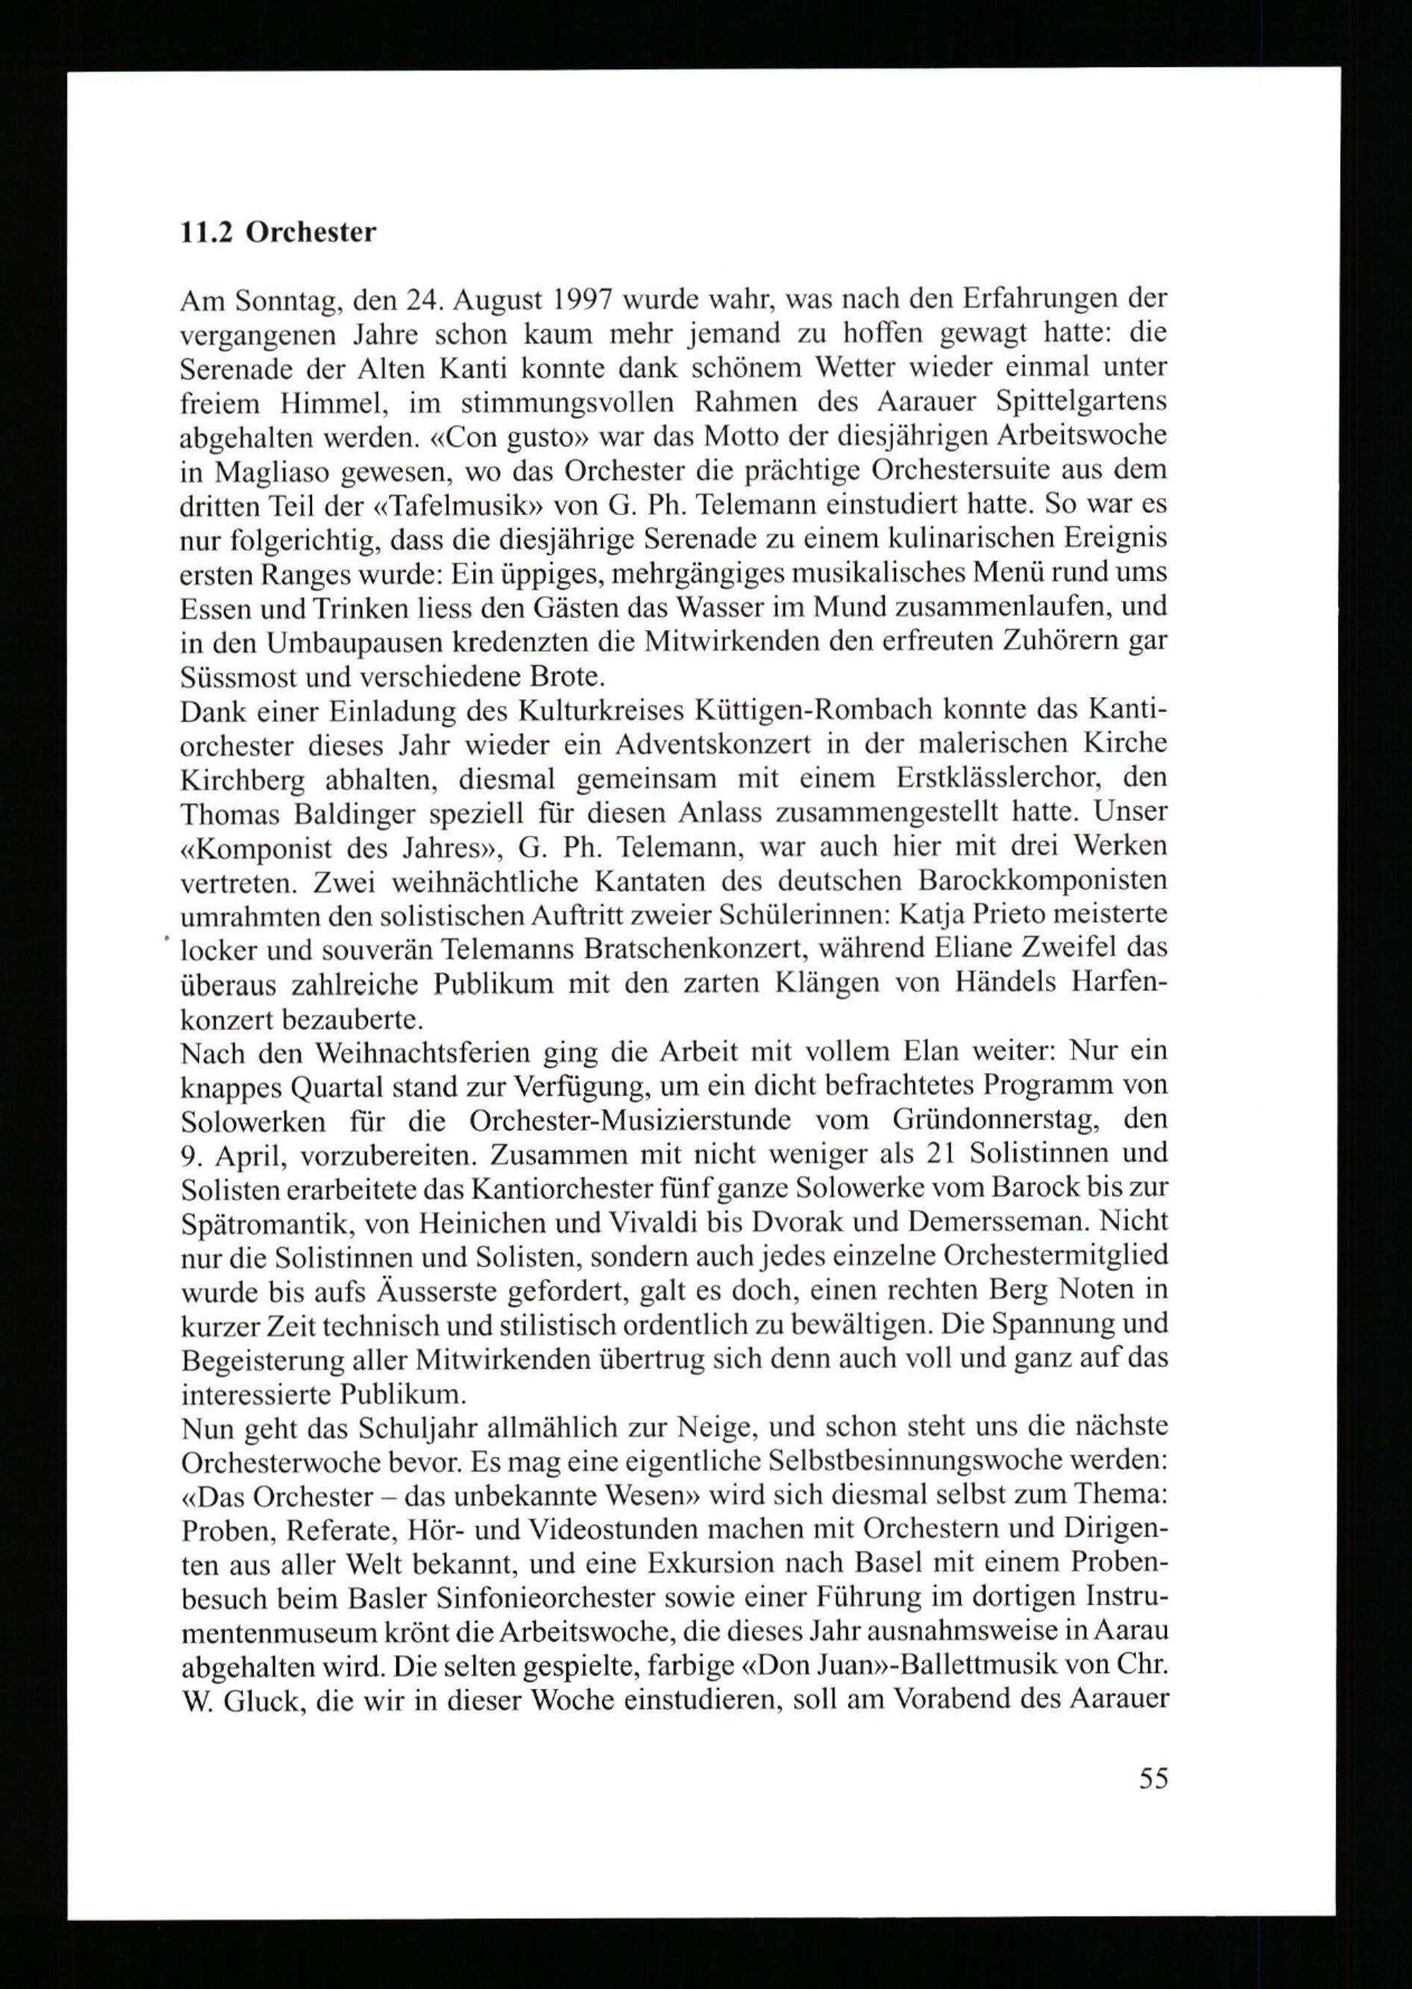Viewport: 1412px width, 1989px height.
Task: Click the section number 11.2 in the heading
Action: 205,233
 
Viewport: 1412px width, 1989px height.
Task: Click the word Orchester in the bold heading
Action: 311,233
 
